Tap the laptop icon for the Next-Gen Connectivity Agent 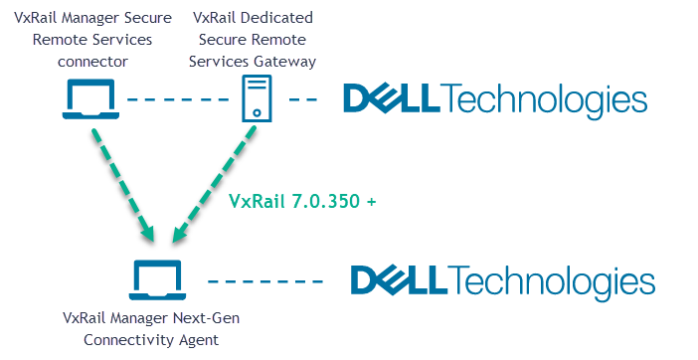tap(156, 280)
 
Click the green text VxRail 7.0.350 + tap(302, 200)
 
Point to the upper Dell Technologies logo tap(494, 100)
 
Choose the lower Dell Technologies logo tap(502, 281)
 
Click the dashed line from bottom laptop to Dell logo tap(267, 281)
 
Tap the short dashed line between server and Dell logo tap(303, 99)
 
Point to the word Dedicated tap(282, 18)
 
